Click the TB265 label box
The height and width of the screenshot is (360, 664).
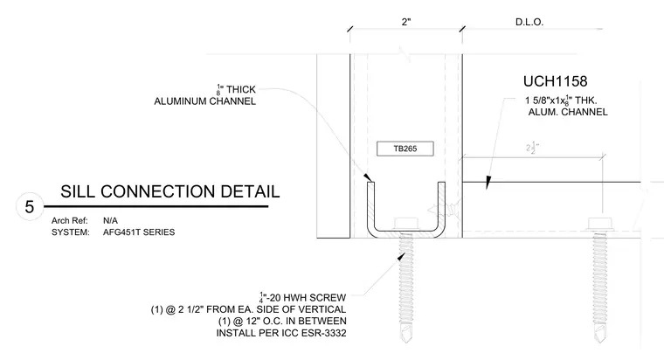[x=405, y=149]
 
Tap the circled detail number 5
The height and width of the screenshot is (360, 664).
[x=29, y=207]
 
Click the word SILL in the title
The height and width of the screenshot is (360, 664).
[x=78, y=191]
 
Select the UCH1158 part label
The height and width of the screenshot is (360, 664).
[x=555, y=81]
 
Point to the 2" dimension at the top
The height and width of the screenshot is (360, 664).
[x=406, y=22]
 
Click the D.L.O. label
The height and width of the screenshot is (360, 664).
[x=529, y=22]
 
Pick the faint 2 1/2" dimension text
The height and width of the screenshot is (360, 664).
[x=533, y=148]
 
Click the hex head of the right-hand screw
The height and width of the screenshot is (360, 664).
[x=600, y=224]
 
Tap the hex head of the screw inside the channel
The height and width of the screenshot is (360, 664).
[x=406, y=224]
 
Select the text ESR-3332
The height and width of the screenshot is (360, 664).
[x=324, y=333]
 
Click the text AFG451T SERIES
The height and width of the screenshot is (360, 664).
[x=139, y=232]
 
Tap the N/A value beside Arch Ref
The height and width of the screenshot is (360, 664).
[x=111, y=221]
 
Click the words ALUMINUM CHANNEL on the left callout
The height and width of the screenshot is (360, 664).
[x=205, y=101]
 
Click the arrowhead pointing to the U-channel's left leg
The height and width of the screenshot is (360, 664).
[x=367, y=177]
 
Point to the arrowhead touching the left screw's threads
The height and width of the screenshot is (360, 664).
[x=401, y=256]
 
